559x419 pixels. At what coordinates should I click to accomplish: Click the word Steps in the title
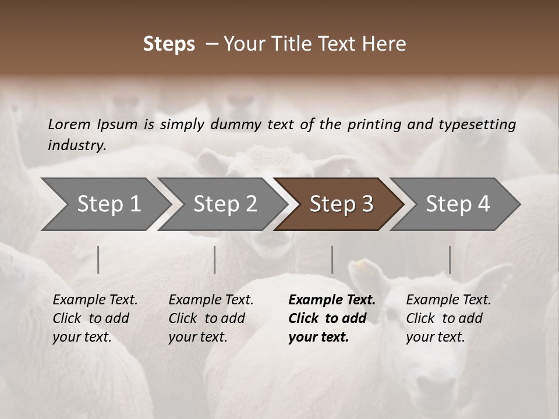point(169,44)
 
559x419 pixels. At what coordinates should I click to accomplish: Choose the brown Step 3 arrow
point(341,204)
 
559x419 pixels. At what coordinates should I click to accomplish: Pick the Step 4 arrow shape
point(458,204)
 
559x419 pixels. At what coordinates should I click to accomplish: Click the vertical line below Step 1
point(98,260)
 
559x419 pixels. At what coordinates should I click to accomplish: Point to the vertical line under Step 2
point(215,260)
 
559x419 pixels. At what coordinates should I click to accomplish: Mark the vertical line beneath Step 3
point(332,260)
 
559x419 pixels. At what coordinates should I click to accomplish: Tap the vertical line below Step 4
point(450,260)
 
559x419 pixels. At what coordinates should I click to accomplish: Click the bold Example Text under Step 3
point(332,318)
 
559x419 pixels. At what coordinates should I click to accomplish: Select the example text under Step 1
point(95,318)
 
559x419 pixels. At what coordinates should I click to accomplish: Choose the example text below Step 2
point(211,318)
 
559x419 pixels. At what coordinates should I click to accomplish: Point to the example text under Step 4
point(448,318)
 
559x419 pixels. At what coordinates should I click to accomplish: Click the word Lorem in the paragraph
point(69,124)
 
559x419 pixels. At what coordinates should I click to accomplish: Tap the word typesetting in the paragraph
point(480,124)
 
